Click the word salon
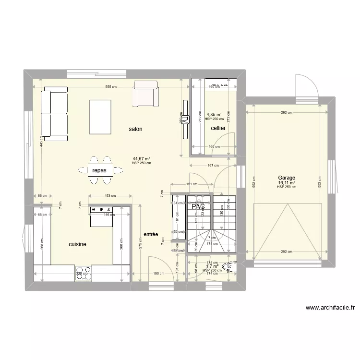[135, 129]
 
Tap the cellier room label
[218, 128]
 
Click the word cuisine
[77, 244]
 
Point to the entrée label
[151, 234]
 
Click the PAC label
[198, 207]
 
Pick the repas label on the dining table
[99, 170]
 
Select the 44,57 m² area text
[142, 158]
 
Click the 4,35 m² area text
[214, 114]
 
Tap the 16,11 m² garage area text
[286, 183]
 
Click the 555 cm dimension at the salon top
[111, 86]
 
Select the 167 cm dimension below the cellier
[211, 166]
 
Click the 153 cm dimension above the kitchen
[111, 195]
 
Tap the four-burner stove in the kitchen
[84, 273]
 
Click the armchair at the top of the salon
[145, 94]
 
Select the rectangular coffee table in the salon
[100, 117]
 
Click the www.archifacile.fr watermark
[329, 308]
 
